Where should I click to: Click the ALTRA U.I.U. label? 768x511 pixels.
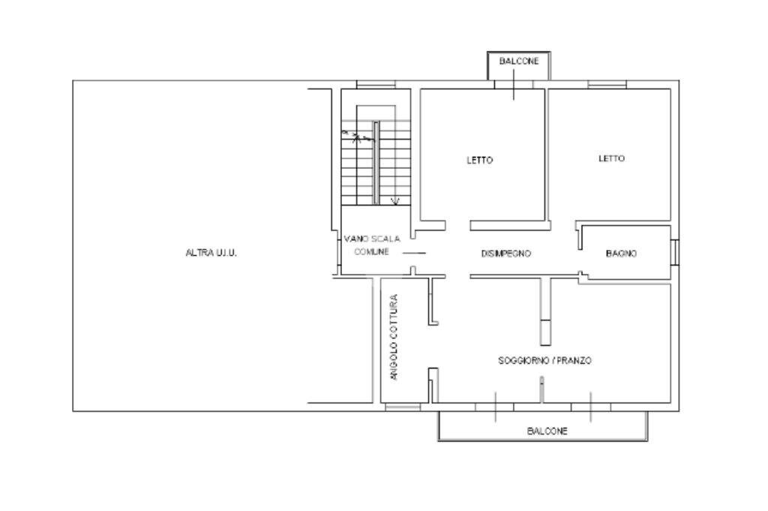pyautogui.click(x=211, y=254)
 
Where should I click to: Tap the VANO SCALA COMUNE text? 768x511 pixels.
pyautogui.click(x=372, y=245)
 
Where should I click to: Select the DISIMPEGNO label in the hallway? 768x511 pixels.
pyautogui.click(x=506, y=254)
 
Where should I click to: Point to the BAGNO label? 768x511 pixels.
pyautogui.click(x=621, y=254)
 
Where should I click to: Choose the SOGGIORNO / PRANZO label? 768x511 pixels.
pyautogui.click(x=545, y=361)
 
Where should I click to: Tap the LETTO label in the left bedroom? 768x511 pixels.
pyautogui.click(x=480, y=160)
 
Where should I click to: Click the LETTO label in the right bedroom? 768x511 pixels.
pyautogui.click(x=612, y=158)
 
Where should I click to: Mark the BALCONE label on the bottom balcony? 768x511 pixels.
pyautogui.click(x=547, y=431)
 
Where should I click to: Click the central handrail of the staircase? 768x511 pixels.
pyautogui.click(x=376, y=161)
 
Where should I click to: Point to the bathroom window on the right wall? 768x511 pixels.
pyautogui.click(x=675, y=252)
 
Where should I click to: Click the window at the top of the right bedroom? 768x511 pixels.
pyautogui.click(x=607, y=85)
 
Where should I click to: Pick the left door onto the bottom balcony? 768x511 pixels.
pyautogui.click(x=495, y=407)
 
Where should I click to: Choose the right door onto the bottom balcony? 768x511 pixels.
pyautogui.click(x=591, y=407)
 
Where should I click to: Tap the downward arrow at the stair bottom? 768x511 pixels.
pyautogui.click(x=396, y=200)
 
